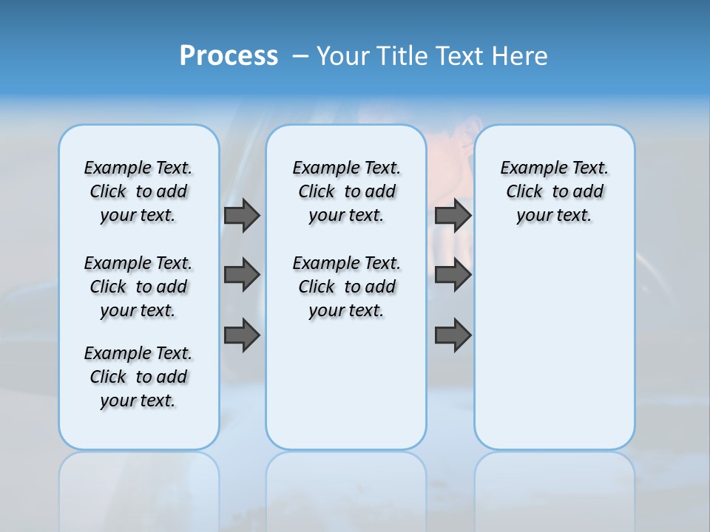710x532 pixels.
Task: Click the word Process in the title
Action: [x=229, y=55]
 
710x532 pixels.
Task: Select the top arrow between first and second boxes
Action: [x=242, y=215]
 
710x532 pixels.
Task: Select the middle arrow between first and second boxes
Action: [x=242, y=275]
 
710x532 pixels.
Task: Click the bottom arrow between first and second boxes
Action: [x=242, y=335]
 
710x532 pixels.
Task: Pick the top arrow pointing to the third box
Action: [x=453, y=215]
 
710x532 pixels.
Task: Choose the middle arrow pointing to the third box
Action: [x=453, y=275]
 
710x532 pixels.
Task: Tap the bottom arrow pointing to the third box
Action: [x=453, y=335]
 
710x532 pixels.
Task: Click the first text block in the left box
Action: [x=138, y=191]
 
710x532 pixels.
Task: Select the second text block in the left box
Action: [x=138, y=287]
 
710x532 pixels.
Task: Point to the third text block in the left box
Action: [x=138, y=377]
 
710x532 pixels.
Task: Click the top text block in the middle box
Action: [x=346, y=191]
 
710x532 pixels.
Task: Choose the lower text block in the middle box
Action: [x=346, y=287]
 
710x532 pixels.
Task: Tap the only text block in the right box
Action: [x=554, y=191]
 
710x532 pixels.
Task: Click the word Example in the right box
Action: [x=530, y=168]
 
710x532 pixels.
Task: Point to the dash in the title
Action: [x=300, y=56]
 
